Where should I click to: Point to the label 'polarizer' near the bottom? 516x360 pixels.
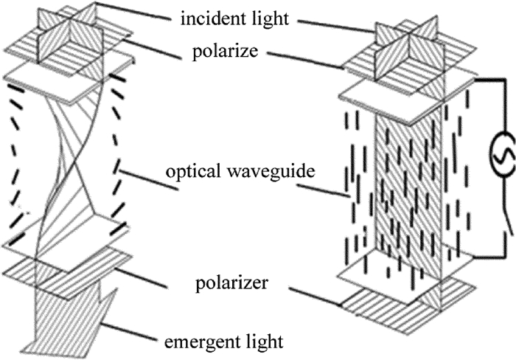tap(232, 283)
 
